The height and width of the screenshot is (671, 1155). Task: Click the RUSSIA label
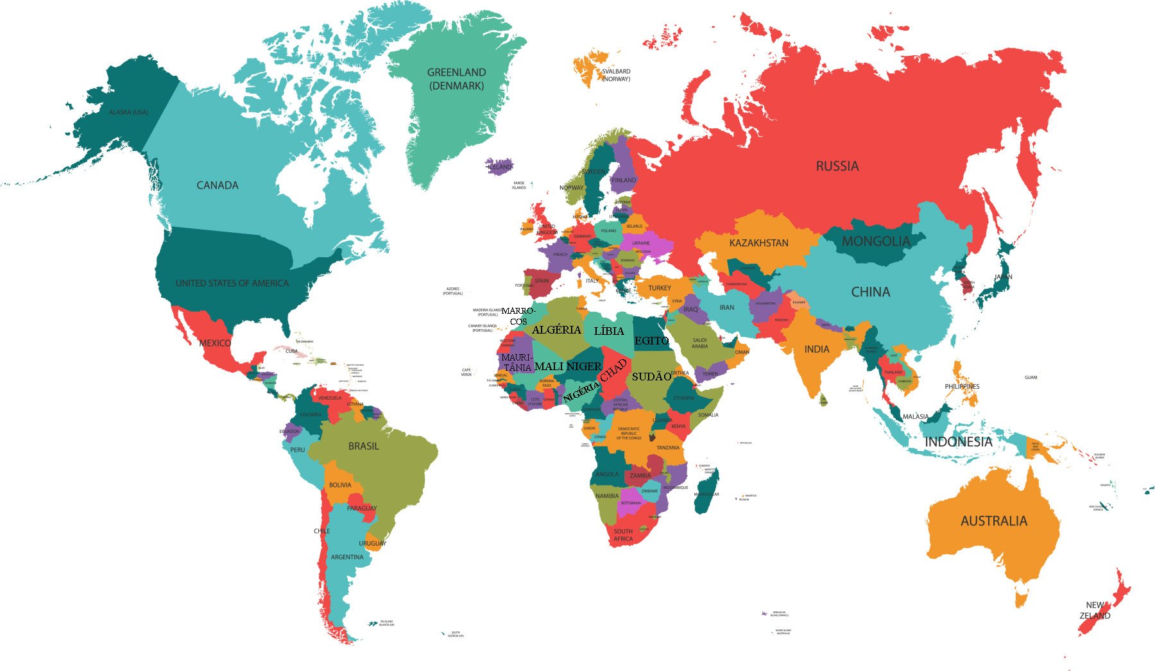(x=837, y=166)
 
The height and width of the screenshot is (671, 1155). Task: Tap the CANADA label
(x=217, y=185)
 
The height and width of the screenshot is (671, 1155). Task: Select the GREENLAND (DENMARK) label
(x=456, y=79)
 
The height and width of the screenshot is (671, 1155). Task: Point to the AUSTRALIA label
(x=993, y=521)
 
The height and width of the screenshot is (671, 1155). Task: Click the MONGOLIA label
(x=876, y=241)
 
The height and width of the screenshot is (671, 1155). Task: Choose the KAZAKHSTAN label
(x=758, y=243)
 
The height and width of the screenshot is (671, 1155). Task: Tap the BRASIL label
(x=363, y=446)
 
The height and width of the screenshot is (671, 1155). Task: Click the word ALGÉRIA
(x=556, y=330)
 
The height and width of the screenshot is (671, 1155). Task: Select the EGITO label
(x=651, y=341)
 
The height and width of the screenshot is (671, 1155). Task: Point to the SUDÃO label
(x=651, y=377)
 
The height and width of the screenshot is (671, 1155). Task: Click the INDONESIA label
(x=958, y=441)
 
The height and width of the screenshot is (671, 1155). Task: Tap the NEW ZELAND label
(x=1095, y=610)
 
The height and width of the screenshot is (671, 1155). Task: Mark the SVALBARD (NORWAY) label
(x=616, y=75)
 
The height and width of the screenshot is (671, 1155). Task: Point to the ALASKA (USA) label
(x=128, y=112)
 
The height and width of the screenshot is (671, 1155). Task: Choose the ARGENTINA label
(x=346, y=557)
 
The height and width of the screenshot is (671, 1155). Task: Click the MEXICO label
(x=215, y=343)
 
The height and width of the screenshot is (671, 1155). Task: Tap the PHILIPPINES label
(x=962, y=386)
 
